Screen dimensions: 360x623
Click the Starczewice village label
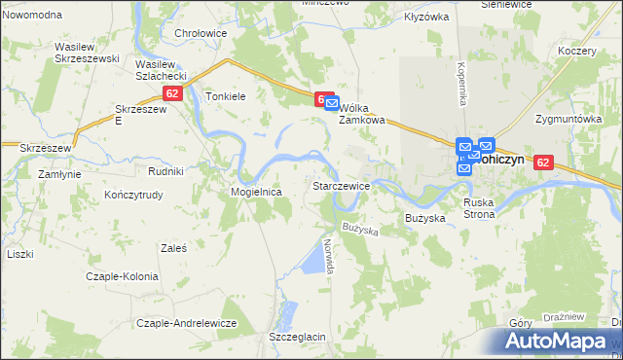(x=340, y=185)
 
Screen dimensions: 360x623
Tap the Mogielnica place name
(x=256, y=193)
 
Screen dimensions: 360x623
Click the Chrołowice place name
(x=201, y=33)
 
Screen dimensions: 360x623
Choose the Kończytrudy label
(x=138, y=195)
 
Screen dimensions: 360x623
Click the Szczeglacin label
(x=297, y=337)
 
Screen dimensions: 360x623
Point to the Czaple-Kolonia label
(x=122, y=276)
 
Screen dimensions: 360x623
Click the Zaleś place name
(x=175, y=247)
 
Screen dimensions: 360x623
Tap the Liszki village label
(x=19, y=254)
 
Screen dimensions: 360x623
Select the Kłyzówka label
(x=426, y=17)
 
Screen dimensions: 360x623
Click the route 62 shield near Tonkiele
(x=172, y=93)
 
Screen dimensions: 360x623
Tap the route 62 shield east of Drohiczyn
(x=543, y=163)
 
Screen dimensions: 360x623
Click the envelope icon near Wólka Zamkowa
(x=331, y=102)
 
